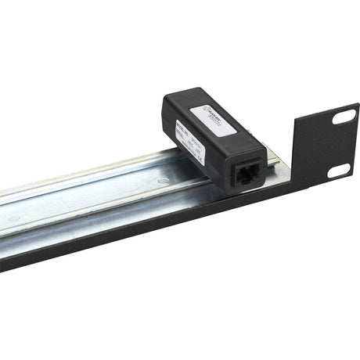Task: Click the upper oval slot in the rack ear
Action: coord(344,117)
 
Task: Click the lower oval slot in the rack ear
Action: coord(337,171)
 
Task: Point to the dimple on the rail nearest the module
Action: coord(161,181)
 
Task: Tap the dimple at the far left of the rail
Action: coord(13,218)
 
